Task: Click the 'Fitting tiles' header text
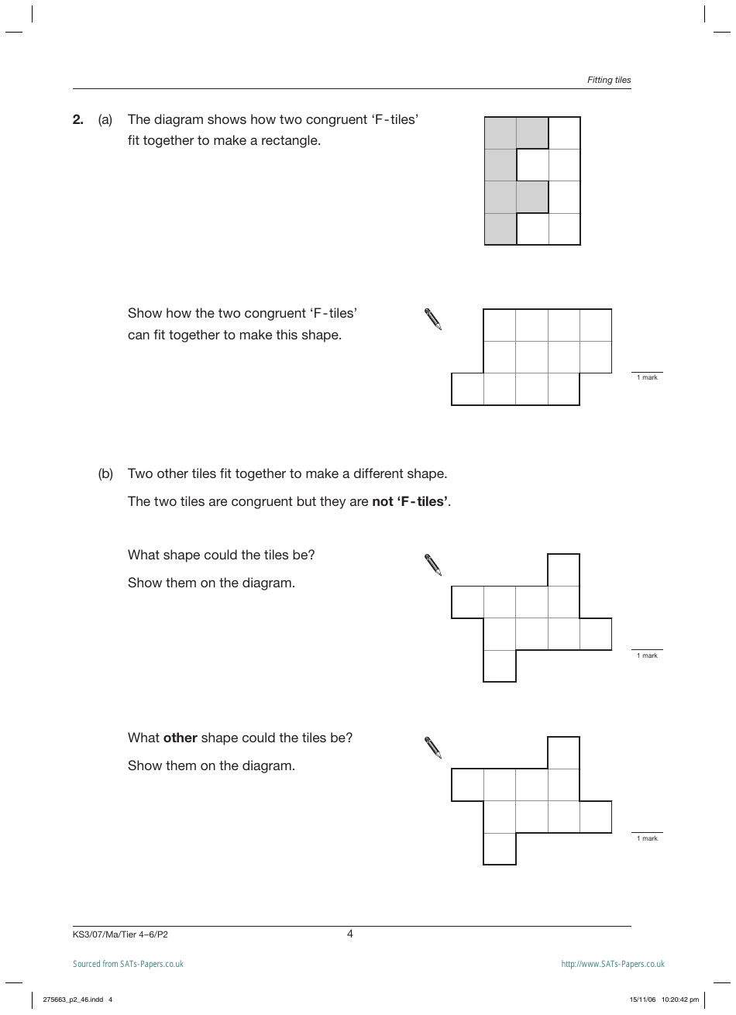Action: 609,80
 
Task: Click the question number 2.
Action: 77,119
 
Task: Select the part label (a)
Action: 105,119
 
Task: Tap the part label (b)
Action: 105,473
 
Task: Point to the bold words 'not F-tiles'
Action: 411,501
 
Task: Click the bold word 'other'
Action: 180,738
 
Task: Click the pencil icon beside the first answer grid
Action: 433,319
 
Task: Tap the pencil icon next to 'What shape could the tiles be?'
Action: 433,565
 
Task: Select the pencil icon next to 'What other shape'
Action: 433,748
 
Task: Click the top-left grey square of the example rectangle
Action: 500,132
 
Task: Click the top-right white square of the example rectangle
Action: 564,132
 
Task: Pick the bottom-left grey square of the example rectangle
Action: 500,229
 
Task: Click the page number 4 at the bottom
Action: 350,934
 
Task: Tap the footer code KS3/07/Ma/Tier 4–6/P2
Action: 120,934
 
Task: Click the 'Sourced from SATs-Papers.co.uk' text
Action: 128,964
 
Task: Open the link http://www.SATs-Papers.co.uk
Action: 613,964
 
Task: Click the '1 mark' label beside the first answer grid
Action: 647,377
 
